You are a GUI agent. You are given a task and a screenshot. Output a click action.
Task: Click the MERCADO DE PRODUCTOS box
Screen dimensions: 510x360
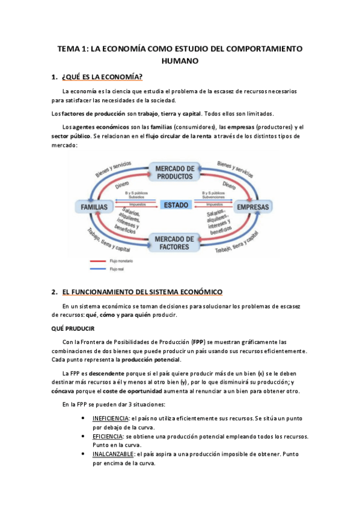[173, 172]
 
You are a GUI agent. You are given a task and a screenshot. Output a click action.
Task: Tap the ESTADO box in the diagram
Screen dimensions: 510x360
[175, 205]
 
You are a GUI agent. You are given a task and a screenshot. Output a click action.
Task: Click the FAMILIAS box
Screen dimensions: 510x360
[94, 207]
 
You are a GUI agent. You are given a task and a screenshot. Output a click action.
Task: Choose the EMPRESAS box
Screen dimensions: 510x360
[252, 207]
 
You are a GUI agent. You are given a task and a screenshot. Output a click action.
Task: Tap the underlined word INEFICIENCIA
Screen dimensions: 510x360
[111, 418]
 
